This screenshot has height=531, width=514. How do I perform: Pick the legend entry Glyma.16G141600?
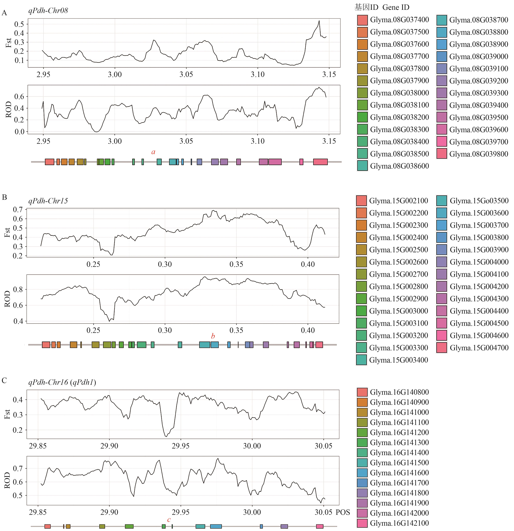pos(399,473)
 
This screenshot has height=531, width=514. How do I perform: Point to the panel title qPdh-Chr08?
pos(48,11)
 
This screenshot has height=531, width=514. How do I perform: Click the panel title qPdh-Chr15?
pos(48,201)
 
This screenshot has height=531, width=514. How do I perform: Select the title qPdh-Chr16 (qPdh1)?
pos(62,382)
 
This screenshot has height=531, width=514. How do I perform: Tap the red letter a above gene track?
pos(153,152)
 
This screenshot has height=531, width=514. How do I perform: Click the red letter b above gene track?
pos(213,336)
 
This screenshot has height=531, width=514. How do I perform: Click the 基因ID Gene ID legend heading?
pos(382,7)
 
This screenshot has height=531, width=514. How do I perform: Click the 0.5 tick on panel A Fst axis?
pos(19,24)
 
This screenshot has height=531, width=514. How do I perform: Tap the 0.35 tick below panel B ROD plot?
pos(236,330)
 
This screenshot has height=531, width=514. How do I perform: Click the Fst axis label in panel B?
pos(7,232)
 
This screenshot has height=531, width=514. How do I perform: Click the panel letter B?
pos(4,197)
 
